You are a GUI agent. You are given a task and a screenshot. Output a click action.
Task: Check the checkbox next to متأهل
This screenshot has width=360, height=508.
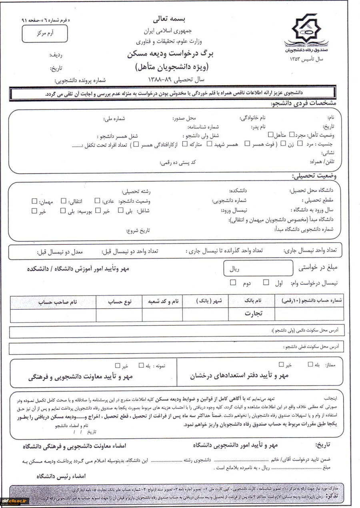tap(271, 134)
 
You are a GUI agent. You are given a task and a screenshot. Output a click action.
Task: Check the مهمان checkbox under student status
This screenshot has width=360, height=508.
tap(35, 200)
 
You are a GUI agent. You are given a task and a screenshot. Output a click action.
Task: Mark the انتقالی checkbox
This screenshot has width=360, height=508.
tap(64, 200)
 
